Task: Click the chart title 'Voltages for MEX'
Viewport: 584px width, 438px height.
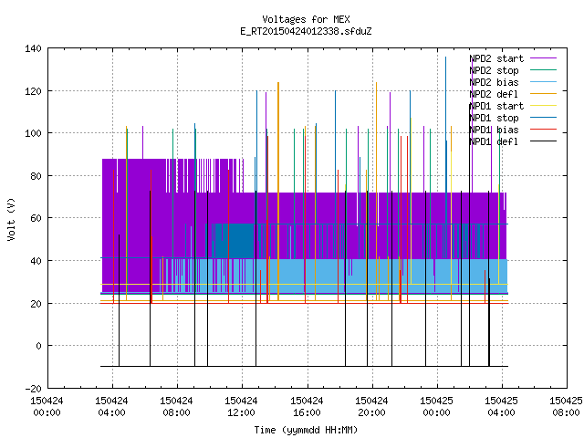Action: click(306, 19)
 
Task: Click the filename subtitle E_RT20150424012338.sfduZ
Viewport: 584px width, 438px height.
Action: click(306, 31)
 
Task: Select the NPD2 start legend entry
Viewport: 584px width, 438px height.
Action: click(513, 58)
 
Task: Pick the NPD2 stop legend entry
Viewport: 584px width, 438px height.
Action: click(513, 70)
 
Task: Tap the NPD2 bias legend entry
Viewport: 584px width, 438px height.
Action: click(513, 82)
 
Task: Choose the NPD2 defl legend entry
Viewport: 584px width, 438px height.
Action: click(513, 94)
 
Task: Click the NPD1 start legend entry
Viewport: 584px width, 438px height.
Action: click(513, 106)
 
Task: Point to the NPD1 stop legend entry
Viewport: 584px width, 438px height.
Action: click(513, 118)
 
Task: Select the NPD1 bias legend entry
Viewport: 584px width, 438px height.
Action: click(513, 130)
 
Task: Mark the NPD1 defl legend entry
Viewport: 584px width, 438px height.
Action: click(513, 142)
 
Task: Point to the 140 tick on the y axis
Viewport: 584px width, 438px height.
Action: click(33, 48)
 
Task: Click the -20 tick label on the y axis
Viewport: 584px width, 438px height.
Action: click(33, 389)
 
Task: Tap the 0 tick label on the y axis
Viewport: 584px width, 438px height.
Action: click(38, 346)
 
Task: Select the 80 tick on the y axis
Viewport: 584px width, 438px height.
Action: click(36, 176)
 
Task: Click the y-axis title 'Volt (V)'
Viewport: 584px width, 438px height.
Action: click(12, 219)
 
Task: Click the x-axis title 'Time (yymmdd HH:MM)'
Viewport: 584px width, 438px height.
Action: click(306, 430)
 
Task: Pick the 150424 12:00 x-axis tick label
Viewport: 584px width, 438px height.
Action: click(241, 407)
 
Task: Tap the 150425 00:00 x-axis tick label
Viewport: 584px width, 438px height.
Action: click(436, 407)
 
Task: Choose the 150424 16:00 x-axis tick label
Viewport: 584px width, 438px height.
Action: click(307, 407)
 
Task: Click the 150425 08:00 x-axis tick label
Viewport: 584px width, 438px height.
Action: click(566, 407)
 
